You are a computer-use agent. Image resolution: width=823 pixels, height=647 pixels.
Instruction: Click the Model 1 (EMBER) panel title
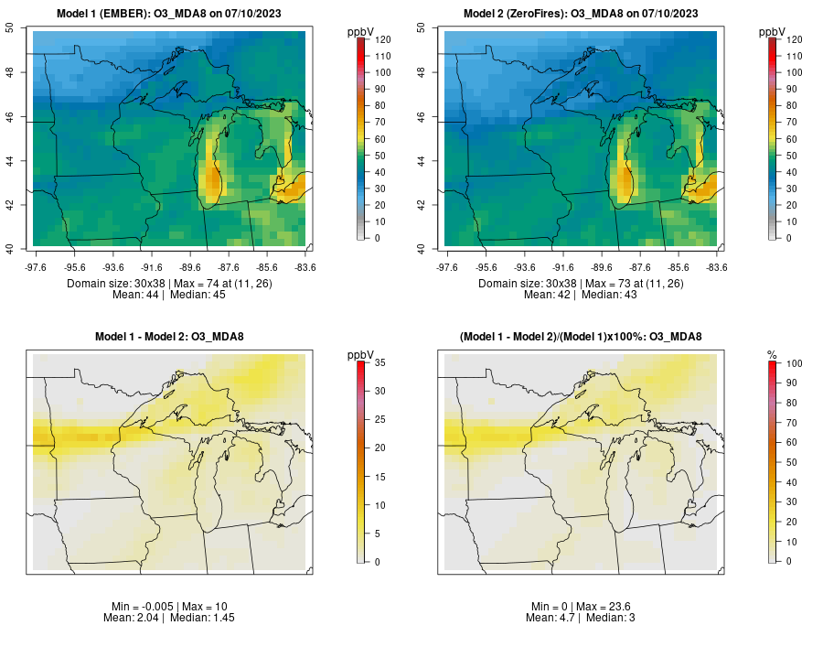pyautogui.click(x=170, y=13)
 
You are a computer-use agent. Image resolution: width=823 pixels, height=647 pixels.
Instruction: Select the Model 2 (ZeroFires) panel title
pyautogui.click(x=582, y=13)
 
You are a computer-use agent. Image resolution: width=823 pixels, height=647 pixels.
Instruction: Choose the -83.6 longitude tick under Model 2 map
pyautogui.click(x=717, y=267)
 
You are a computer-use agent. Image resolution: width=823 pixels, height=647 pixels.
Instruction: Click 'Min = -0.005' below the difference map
pyautogui.click(x=134, y=607)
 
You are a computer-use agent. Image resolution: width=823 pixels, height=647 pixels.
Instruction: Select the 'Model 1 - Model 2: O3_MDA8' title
pyautogui.click(x=169, y=337)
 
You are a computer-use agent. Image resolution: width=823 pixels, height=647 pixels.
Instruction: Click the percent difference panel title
pyautogui.click(x=581, y=337)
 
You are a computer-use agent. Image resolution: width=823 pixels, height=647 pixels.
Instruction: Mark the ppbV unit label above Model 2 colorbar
pyautogui.click(x=773, y=31)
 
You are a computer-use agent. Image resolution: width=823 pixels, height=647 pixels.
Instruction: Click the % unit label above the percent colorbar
pyautogui.click(x=772, y=354)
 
